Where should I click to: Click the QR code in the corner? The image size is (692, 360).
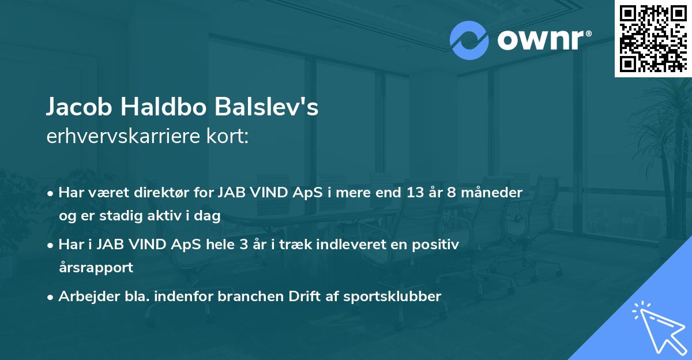click(x=652, y=38)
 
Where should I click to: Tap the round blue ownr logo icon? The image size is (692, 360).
click(x=469, y=40)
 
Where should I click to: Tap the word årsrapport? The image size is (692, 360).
click(x=96, y=268)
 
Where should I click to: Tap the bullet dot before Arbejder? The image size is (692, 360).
click(x=52, y=297)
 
